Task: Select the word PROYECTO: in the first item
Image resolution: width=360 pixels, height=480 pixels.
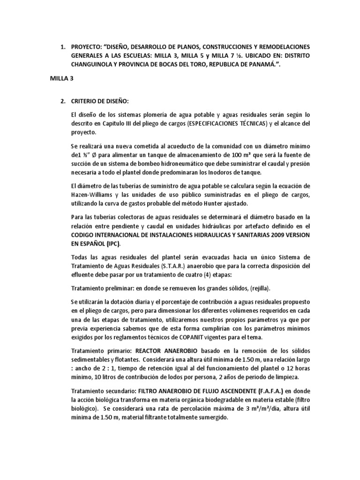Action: pyautogui.click(x=86, y=47)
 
